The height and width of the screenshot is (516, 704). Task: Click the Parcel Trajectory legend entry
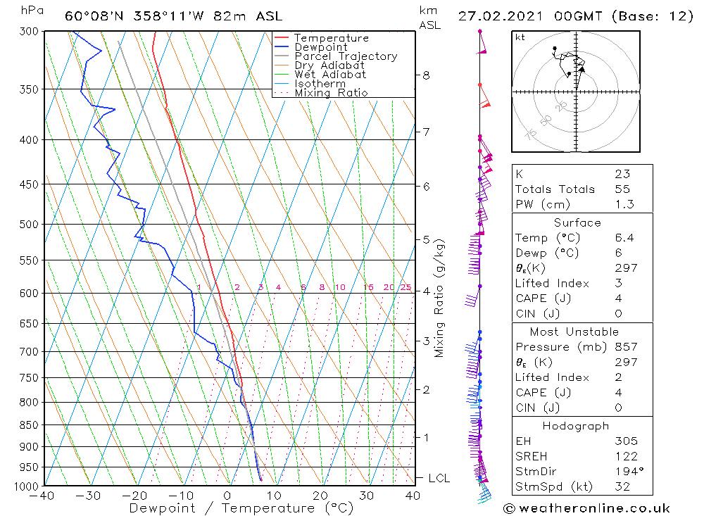[345, 56]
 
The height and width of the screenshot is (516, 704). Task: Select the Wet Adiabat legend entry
[329, 75]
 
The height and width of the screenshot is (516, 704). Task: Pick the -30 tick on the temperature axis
[89, 496]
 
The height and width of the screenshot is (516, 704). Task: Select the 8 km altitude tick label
[426, 75]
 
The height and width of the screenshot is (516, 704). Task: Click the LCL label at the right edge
[439, 479]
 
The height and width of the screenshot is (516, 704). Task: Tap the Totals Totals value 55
[622, 189]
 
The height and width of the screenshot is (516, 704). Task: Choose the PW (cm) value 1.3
[624, 205]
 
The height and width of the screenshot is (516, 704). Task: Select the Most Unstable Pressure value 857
[626, 347]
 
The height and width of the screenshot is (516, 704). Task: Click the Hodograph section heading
[576, 427]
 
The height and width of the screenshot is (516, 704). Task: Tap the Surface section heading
[577, 223]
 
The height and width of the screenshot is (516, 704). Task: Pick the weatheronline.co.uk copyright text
[586, 508]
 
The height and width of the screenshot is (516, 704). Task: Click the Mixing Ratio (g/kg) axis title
[440, 298]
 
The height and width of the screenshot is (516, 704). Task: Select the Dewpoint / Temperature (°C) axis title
[241, 508]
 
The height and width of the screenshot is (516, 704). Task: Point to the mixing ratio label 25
[406, 287]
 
